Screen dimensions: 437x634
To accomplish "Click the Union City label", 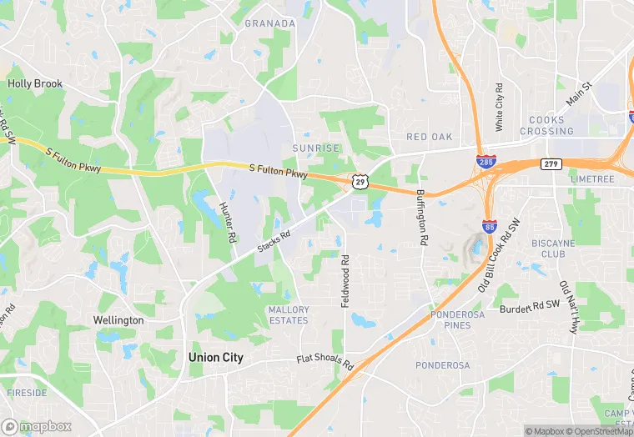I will click(x=215, y=357).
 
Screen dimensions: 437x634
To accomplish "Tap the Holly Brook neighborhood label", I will click(x=35, y=84).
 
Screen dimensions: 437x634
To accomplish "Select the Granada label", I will click(x=269, y=23).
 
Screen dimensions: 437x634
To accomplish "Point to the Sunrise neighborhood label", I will click(x=316, y=148).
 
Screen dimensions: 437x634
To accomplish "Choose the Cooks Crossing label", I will click(x=547, y=125).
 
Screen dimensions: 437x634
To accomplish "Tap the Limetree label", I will click(x=592, y=180).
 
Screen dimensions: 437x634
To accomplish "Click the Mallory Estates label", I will click(x=289, y=314).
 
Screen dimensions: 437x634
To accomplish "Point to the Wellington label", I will click(x=118, y=320).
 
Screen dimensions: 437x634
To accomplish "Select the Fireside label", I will click(x=26, y=392).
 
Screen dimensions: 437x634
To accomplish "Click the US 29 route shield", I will click(x=359, y=180).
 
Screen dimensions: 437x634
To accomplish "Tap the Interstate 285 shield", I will click(x=484, y=161).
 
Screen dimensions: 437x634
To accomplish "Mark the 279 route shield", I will click(x=550, y=164).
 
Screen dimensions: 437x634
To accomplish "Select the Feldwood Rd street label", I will click(x=345, y=280).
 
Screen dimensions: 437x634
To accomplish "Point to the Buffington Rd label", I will click(x=422, y=216).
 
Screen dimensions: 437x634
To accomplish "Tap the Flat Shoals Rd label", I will click(x=325, y=363).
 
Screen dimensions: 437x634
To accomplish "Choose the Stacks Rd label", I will click(x=274, y=242).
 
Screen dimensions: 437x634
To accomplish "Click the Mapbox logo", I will click(x=38, y=426).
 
